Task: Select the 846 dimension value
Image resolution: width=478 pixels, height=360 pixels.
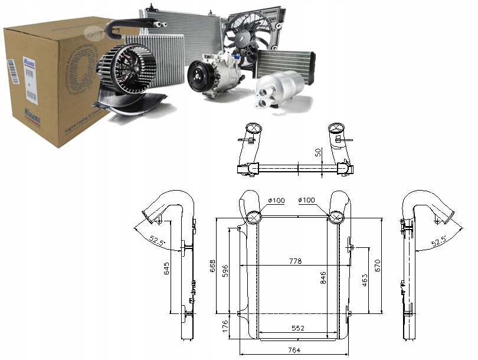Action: (323, 278)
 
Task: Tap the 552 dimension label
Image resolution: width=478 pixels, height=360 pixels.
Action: (297, 329)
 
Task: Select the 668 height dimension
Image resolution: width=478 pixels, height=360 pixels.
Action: (212, 267)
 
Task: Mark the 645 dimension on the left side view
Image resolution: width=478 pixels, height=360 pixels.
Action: (167, 269)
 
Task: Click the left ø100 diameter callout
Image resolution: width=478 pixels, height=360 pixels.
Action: (276, 201)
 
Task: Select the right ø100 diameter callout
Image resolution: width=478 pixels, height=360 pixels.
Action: (306, 201)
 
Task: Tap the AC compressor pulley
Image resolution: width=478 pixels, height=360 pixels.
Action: (199, 76)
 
